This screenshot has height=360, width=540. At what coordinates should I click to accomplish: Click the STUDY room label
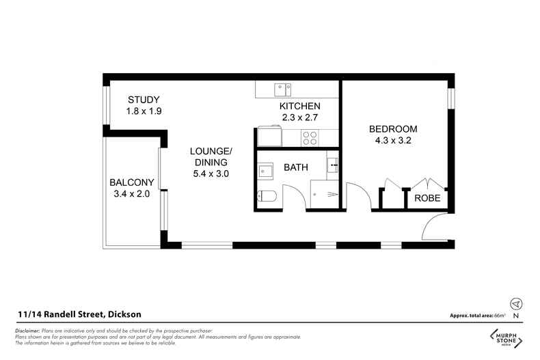click(143, 100)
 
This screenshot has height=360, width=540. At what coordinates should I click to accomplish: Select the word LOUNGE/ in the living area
click(211, 150)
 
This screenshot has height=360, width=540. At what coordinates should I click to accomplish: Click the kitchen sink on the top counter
click(282, 89)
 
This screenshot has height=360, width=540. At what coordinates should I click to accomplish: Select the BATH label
click(295, 167)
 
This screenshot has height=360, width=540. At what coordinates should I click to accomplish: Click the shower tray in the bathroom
click(324, 194)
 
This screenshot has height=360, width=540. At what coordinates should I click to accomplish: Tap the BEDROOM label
click(392, 129)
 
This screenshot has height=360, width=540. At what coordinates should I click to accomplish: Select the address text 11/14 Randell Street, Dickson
click(79, 314)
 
